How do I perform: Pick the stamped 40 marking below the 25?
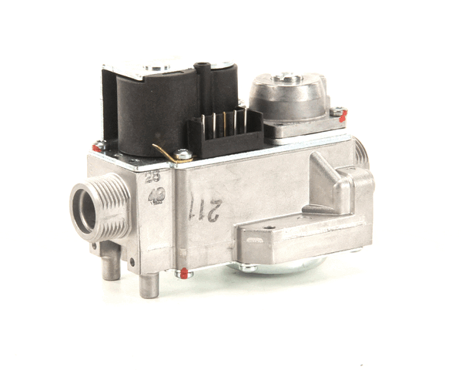(x=156, y=195)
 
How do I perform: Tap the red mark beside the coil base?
(x=99, y=145)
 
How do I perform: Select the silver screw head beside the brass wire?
(x=182, y=155)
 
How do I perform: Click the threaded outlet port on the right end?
(x=361, y=153)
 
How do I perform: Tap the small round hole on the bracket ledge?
(x=269, y=227)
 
